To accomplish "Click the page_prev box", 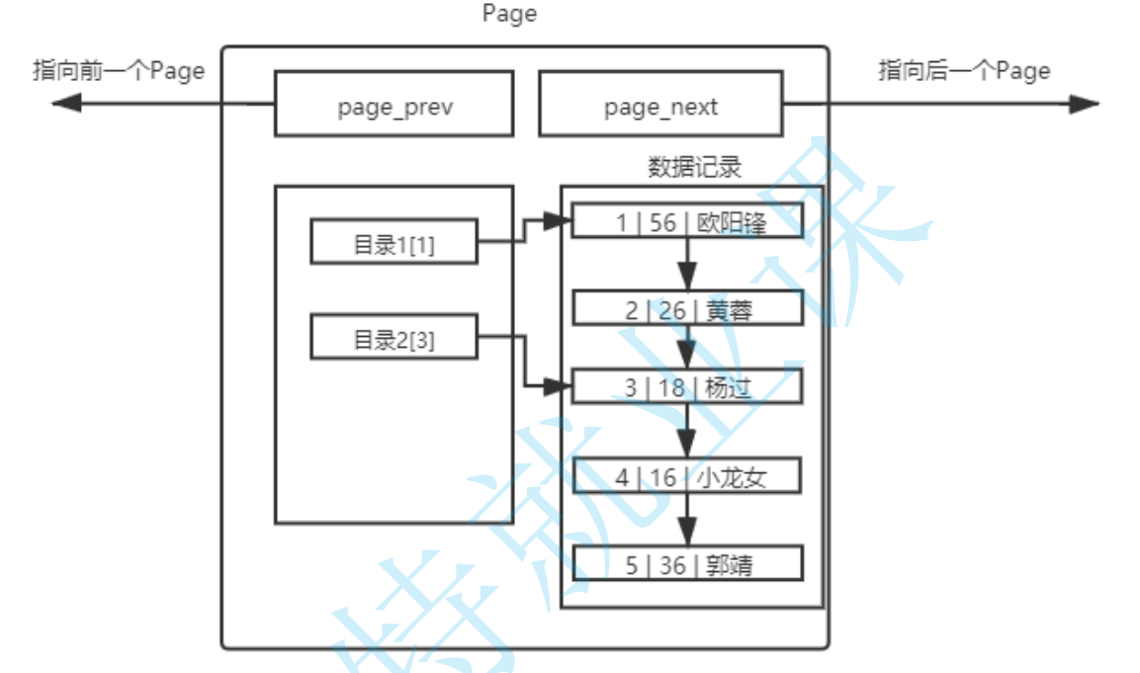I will pos(394,103).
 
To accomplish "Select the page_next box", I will pos(660,103).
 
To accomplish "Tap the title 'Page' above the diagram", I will pos(509,14).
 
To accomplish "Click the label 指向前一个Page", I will pos(119,71).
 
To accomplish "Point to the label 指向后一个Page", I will pos(964,71).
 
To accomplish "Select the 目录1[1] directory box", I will pos(394,243).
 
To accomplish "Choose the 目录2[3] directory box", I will pos(394,337).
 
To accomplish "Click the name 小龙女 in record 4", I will pos(731,478).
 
